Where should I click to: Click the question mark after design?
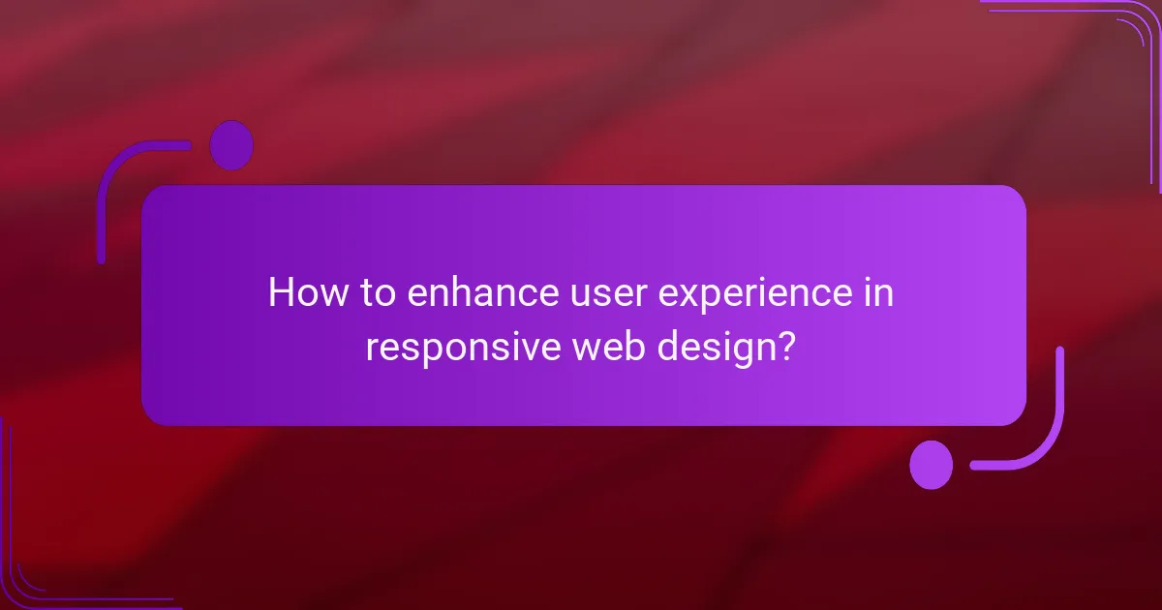tap(788, 346)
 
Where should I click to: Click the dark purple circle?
tap(231, 145)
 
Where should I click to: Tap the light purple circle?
tap(932, 465)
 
